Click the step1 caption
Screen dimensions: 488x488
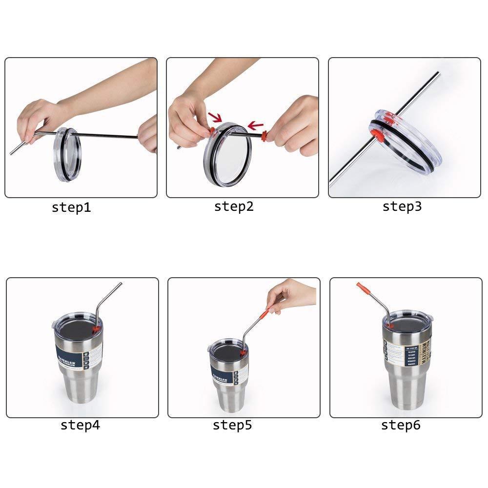point(71,207)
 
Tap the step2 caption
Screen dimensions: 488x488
point(234,206)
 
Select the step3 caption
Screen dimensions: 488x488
point(402,206)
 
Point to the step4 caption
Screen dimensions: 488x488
point(80,425)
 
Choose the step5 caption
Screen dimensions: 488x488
point(232,425)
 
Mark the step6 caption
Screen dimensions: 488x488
point(400,425)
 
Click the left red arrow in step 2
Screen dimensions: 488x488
point(214,117)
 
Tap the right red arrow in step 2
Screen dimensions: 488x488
point(255,126)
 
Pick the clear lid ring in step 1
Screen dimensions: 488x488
point(65,155)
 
